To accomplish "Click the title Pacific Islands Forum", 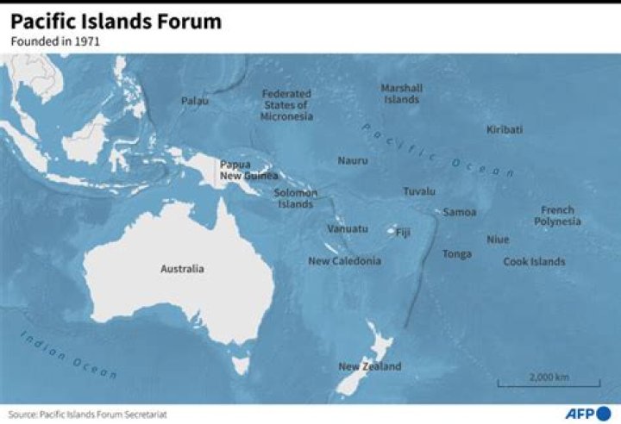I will (x=116, y=22).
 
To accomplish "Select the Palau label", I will (x=194, y=101).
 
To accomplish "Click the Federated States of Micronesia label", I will (x=286, y=105).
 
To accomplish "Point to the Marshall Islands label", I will (x=401, y=93).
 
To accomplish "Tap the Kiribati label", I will (x=504, y=130).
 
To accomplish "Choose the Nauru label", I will (x=352, y=160).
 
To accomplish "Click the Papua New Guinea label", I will (x=248, y=170).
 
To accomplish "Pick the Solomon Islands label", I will (x=295, y=199).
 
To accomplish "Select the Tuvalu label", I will (x=419, y=191).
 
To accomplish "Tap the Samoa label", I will (x=460, y=212).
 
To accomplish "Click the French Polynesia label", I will (x=557, y=215).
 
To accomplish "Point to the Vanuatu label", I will (x=347, y=228).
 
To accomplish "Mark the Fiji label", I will (x=403, y=232).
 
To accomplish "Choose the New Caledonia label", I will (x=344, y=261).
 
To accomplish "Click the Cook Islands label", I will (x=534, y=262).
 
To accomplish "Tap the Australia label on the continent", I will (x=182, y=269).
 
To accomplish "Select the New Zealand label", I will (x=369, y=366).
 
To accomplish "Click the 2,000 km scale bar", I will (x=549, y=380).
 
